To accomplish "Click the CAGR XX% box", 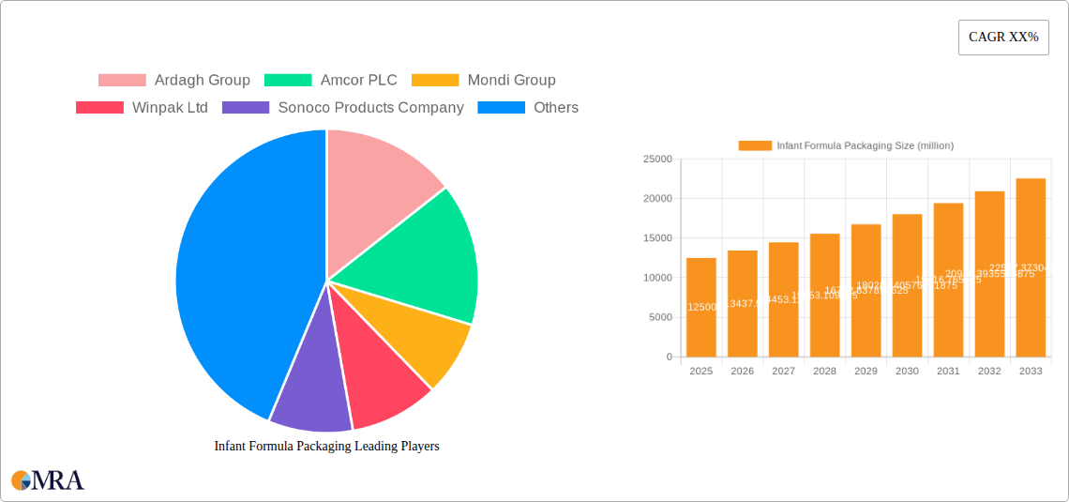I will [x=1002, y=38].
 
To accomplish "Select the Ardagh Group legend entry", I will [x=174, y=80].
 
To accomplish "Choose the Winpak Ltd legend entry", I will [x=142, y=107].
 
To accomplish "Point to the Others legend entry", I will [x=528, y=107].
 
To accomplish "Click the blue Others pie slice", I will [x=234, y=281].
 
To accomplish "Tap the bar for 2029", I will [x=866, y=291].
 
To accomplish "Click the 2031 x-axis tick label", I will [x=948, y=372].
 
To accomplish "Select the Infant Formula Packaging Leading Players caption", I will [x=326, y=447].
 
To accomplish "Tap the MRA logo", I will [x=48, y=480].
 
